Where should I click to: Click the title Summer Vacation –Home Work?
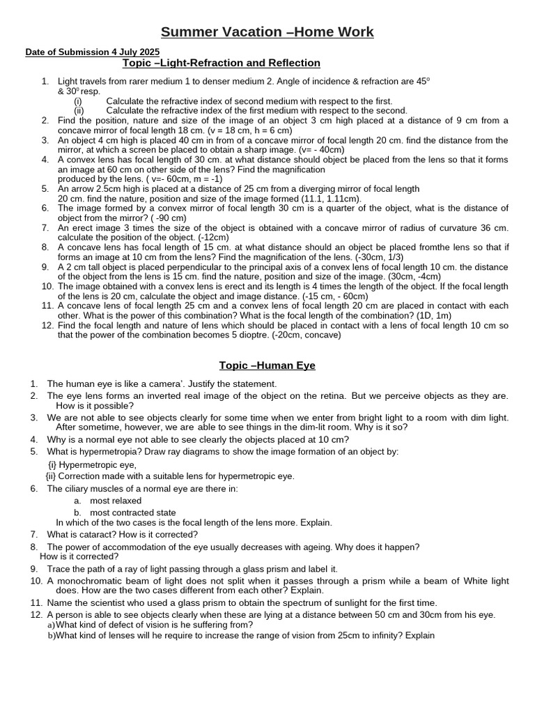click(267, 32)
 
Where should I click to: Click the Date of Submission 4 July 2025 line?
click(93, 52)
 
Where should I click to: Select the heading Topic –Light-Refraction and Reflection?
click(222, 63)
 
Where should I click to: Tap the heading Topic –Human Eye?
click(267, 365)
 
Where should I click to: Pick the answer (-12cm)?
click(208, 237)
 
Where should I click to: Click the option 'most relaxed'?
click(116, 501)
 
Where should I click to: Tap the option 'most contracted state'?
click(132, 512)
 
